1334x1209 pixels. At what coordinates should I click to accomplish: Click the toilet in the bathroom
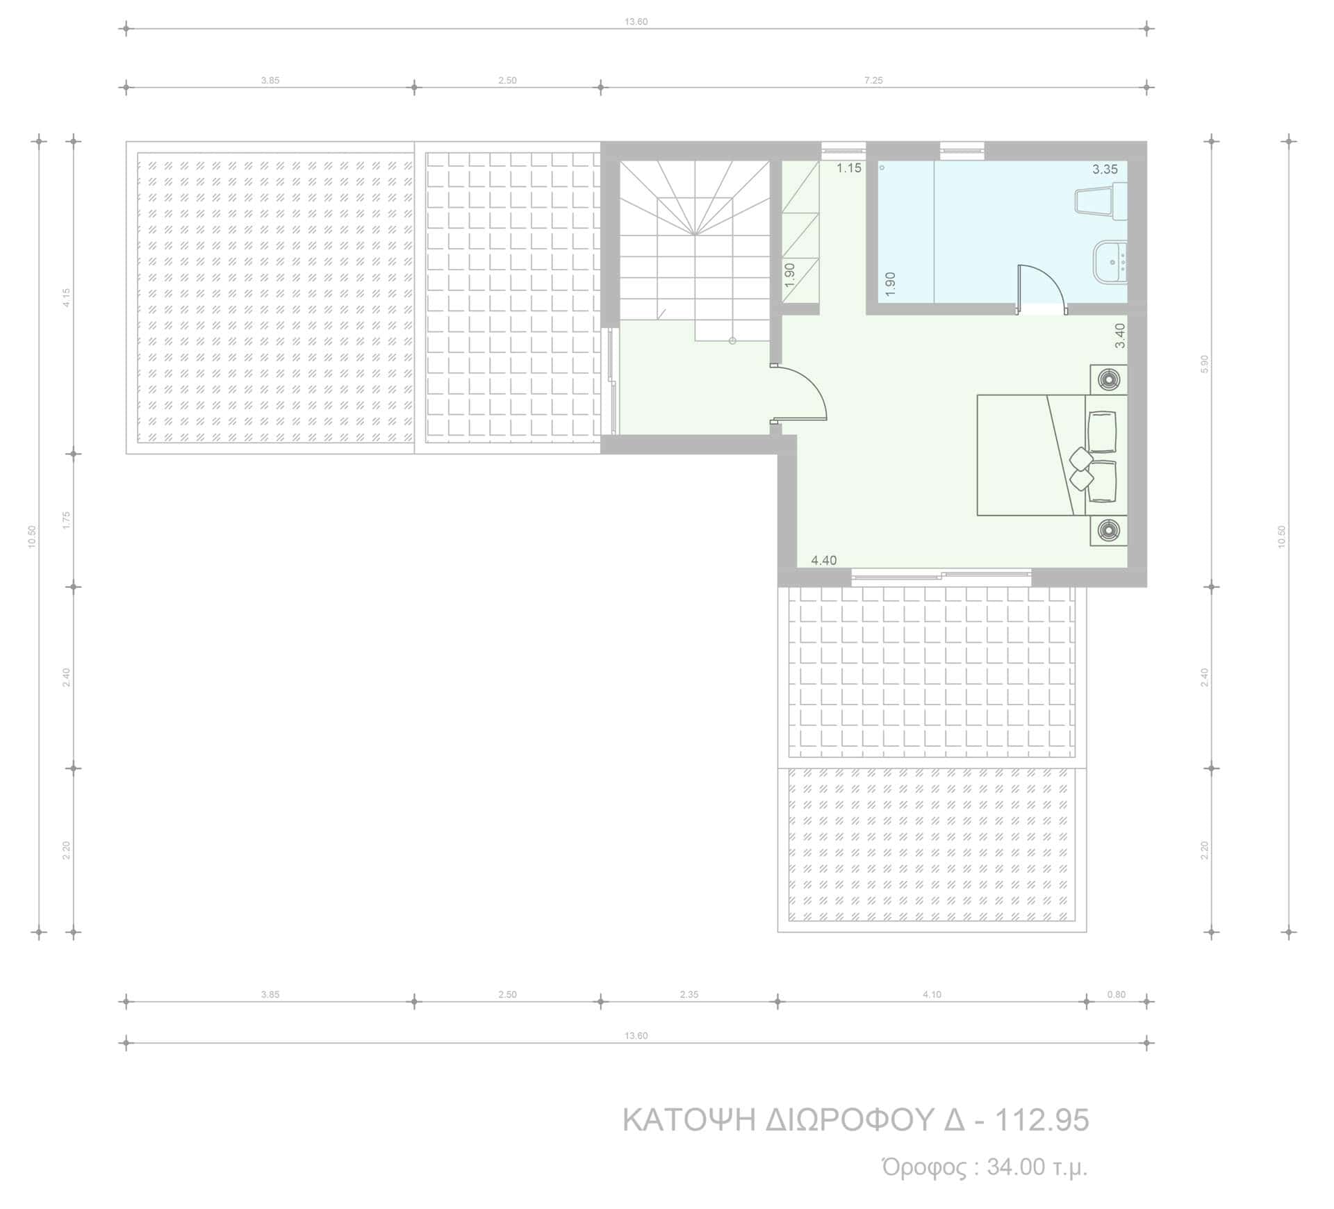[x=1101, y=201]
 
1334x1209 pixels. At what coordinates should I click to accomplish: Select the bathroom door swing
[x=1041, y=289]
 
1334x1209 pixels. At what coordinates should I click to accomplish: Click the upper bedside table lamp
[x=1108, y=379]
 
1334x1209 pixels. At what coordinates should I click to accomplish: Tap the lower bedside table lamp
[x=1108, y=531]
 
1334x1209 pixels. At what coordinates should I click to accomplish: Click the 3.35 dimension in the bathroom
[x=1105, y=169]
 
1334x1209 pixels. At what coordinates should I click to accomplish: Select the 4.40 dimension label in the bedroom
[x=824, y=560]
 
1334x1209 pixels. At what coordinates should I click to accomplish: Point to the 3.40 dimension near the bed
[x=1119, y=336]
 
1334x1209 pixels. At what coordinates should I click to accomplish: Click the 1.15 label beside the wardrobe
[x=848, y=167]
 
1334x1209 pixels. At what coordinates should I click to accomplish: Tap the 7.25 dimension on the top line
[x=873, y=81]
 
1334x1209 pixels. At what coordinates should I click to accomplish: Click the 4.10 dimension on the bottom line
[x=932, y=994]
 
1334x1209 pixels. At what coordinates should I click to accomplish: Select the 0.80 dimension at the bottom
[x=1116, y=994]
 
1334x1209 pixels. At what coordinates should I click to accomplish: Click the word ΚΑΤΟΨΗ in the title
[x=689, y=1120]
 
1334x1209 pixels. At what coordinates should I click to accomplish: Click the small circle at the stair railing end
[x=732, y=340]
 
